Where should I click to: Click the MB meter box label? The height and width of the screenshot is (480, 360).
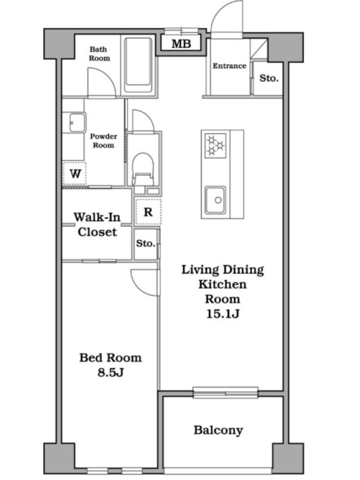pos(181,44)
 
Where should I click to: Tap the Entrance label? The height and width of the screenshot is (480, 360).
pos(229,66)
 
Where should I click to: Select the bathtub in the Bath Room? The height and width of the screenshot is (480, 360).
pos(139,65)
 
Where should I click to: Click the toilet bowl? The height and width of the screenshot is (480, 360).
pos(143,169)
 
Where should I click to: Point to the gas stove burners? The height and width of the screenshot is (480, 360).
pos(215,145)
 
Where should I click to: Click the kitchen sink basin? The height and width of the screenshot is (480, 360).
pos(215,200)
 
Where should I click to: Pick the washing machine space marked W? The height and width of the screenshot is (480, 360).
pos(74,173)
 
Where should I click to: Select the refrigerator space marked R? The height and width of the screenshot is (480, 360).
pos(148,212)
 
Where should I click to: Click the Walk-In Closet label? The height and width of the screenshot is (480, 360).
pos(97,224)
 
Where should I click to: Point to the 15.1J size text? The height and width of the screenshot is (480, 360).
pos(223,314)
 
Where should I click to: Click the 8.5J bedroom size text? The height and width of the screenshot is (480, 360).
pos(110,372)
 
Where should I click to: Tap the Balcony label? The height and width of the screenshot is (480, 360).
pos(218,430)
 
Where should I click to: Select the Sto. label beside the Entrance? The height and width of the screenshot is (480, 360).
pos(269,78)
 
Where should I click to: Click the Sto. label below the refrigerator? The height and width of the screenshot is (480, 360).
pos(145,244)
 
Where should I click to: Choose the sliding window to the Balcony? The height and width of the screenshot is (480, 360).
pos(226,393)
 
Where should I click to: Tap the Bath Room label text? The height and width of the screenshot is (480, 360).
pos(99,53)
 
